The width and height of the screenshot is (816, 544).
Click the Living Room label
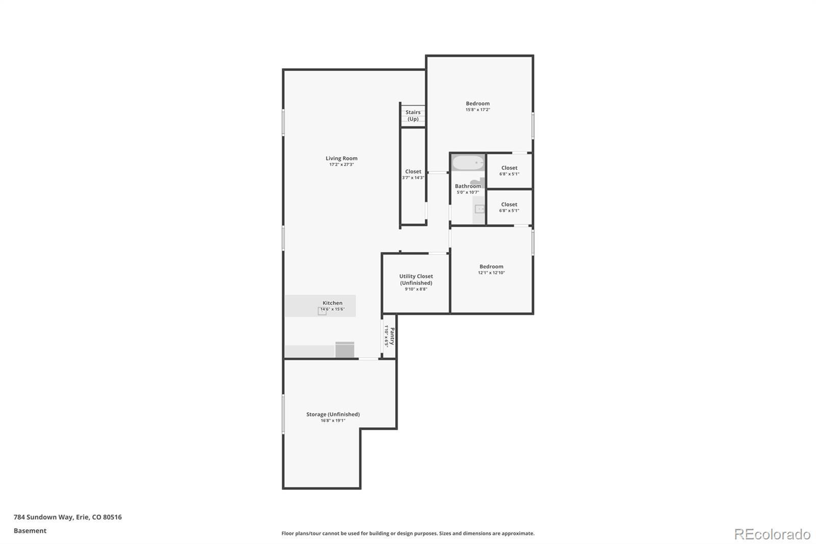pos(341,158)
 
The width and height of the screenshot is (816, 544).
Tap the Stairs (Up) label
pos(413,115)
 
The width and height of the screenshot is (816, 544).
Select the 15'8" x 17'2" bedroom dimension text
pos(477,110)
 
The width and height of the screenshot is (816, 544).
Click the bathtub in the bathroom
pos(468,163)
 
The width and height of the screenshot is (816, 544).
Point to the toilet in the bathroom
pos(478,182)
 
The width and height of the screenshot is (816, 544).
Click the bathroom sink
pos(479,209)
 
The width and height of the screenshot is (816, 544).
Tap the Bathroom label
pos(468,186)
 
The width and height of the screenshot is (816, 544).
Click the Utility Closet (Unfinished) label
pos(416,280)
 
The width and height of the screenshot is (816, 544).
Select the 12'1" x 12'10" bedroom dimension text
pos(492,273)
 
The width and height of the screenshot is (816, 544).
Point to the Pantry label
pos(392,336)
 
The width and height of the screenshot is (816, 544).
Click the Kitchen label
pos(332,303)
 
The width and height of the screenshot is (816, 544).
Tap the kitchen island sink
pos(322,311)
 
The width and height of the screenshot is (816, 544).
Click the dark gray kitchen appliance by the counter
pos(345,350)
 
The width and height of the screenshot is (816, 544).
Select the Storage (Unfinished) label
pos(333,414)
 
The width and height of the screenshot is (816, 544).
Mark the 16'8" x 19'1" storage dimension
pos(333,421)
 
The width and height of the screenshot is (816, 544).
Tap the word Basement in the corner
pos(30,531)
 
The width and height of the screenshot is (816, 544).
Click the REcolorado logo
pos(772,534)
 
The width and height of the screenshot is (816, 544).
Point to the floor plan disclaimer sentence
pos(408,533)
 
